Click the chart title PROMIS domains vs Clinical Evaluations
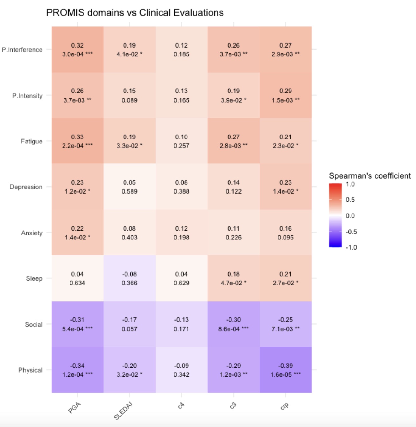coord(135,13)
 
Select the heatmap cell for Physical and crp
coord(285,370)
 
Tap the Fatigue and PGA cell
coord(77,141)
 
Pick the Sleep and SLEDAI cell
coord(129,278)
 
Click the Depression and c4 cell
coord(181,187)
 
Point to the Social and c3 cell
coord(233,324)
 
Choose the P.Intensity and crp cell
coord(285,95)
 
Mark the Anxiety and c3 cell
coord(233,233)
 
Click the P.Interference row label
coord(22,50)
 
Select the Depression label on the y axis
coord(26,187)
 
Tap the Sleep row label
coord(34,278)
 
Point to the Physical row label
coord(30,370)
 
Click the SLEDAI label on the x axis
coord(123,411)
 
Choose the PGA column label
coord(75,408)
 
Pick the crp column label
coord(284,406)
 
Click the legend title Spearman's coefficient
coord(370,176)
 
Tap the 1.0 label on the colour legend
coord(350,184)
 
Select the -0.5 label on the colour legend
coord(351,232)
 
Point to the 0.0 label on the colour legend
coord(350,216)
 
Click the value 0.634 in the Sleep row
coord(77,283)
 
